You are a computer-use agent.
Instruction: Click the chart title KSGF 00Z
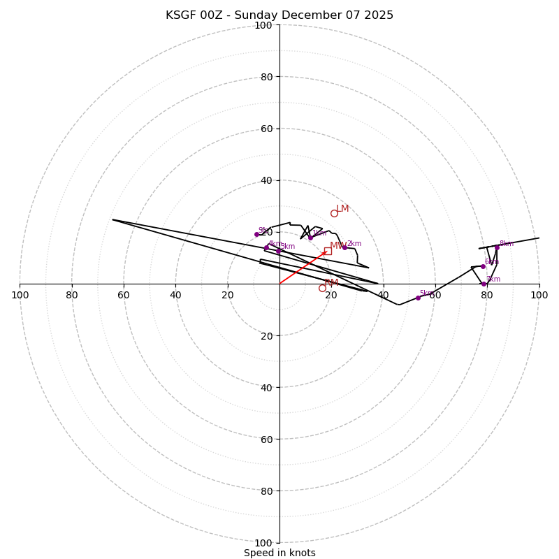click(279, 15)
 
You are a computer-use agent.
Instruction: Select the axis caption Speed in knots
click(279, 553)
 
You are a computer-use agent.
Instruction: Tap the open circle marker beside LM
click(334, 213)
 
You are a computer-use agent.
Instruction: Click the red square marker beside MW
click(328, 251)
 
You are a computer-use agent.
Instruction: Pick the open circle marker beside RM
click(322, 288)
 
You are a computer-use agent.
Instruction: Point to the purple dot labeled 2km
click(344, 247)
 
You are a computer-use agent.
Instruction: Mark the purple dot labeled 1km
click(310, 238)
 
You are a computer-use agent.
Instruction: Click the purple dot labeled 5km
click(418, 298)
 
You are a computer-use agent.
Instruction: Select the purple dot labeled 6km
click(482, 266)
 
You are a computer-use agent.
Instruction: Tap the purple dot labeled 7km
click(484, 284)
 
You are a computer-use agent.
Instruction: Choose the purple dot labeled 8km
click(497, 247)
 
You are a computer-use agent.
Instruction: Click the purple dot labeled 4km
click(266, 247)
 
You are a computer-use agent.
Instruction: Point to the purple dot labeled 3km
click(278, 251)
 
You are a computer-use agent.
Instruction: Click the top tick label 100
click(263, 26)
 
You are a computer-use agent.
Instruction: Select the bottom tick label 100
click(263, 543)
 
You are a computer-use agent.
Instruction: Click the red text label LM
click(342, 209)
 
